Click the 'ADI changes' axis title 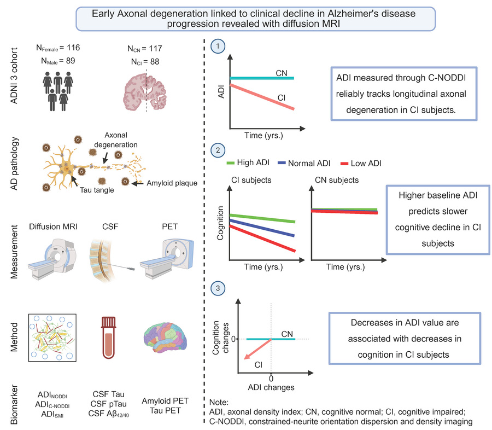pyautogui.click(x=271, y=387)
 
